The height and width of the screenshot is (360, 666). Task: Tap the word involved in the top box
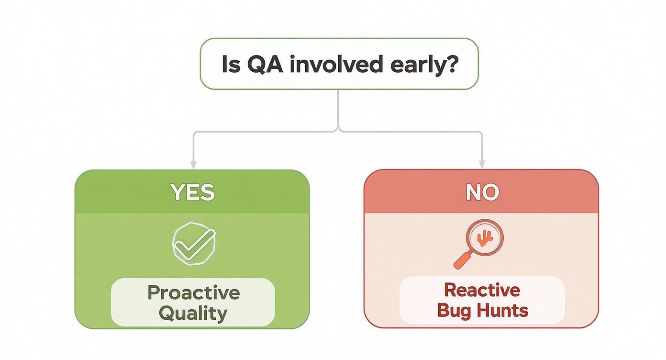point(336,64)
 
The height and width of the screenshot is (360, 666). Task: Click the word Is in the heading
point(231,64)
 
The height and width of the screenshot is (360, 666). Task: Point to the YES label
point(192,192)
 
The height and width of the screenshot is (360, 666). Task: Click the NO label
point(482,192)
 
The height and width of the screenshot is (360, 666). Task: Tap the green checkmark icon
point(194,243)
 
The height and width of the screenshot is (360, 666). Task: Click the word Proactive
point(193,292)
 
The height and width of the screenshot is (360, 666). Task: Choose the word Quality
point(193,314)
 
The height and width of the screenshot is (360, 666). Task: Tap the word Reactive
point(482,290)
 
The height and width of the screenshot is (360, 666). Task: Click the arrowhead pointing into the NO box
point(482,164)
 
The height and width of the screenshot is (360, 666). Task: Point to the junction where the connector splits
point(338,130)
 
